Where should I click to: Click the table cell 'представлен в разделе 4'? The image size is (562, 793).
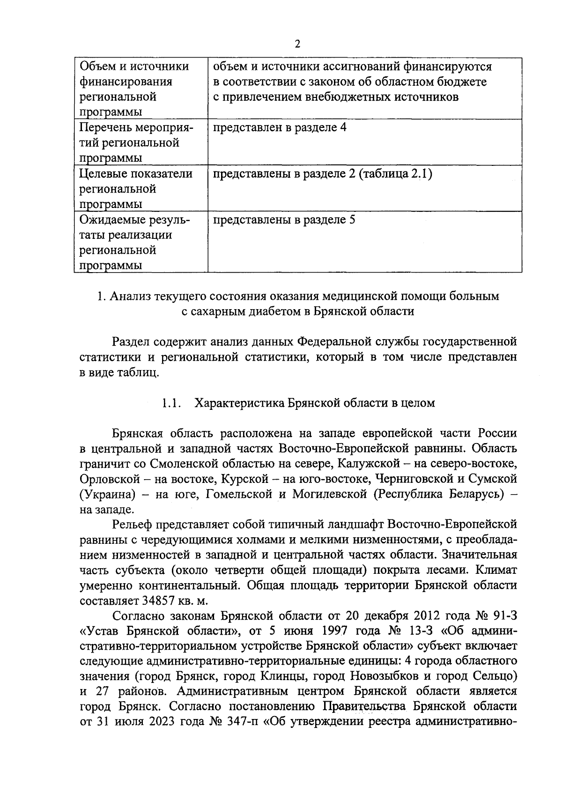pyautogui.click(x=280, y=127)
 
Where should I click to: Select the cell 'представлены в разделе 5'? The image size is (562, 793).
pyautogui.click(x=284, y=219)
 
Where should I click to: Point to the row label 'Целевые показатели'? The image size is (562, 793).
pyautogui.click(x=136, y=174)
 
